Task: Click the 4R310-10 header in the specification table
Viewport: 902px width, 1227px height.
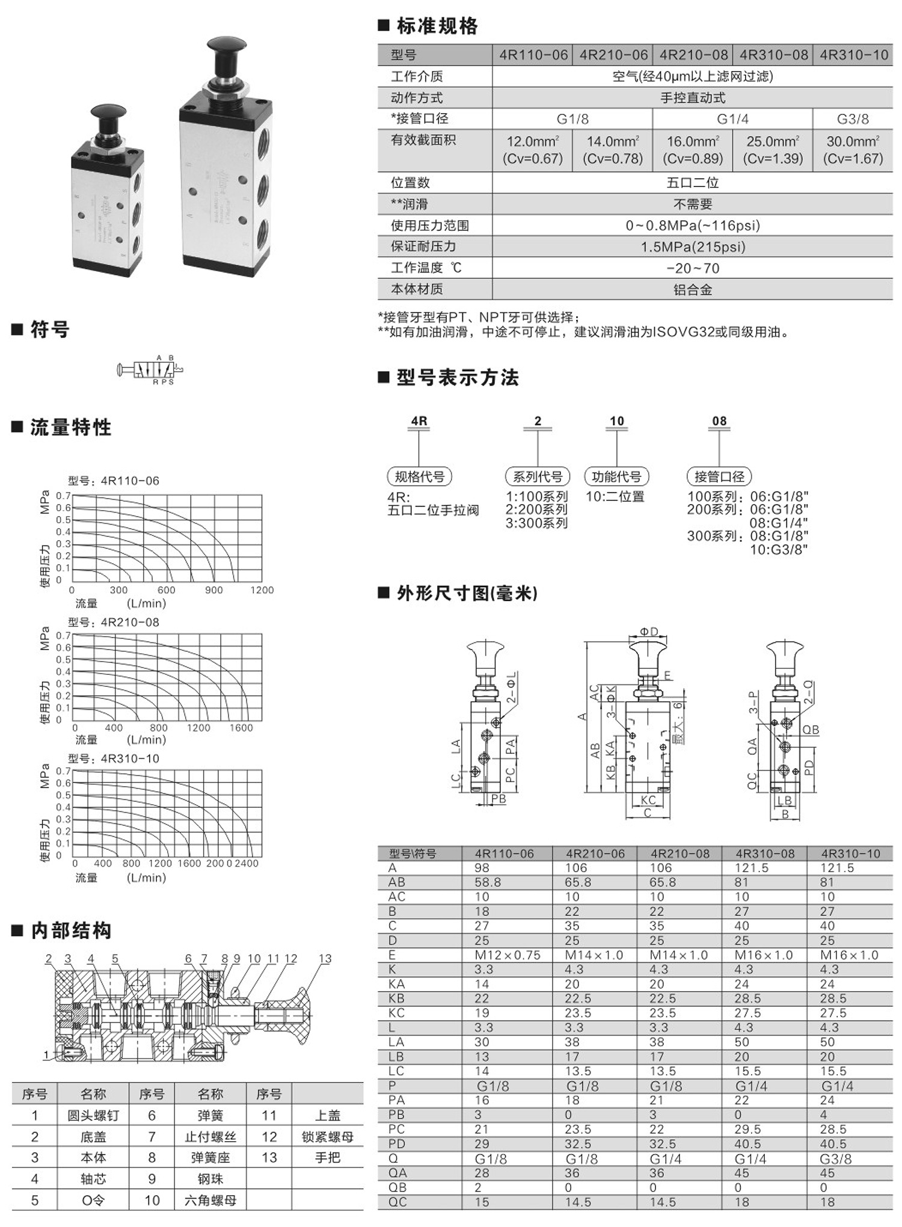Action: coord(853,55)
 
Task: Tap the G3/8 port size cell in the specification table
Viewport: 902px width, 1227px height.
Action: coord(853,118)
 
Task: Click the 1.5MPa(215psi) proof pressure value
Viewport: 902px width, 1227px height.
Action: coord(693,247)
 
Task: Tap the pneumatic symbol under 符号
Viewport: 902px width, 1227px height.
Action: coord(150,369)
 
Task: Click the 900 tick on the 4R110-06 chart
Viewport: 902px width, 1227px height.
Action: coord(213,590)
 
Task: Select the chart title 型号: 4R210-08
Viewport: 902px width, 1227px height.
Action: coord(114,622)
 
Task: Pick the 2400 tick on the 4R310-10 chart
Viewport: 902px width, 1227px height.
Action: coord(247,863)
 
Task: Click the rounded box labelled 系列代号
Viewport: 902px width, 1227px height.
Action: coord(537,476)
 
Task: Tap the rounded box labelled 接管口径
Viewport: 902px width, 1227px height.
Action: coord(719,476)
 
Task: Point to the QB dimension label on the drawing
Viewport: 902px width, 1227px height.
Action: coord(811,730)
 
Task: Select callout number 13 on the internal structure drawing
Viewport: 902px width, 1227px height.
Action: coord(325,959)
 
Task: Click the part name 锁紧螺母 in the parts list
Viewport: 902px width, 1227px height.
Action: coord(328,1137)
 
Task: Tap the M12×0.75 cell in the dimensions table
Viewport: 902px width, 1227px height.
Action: coord(507,955)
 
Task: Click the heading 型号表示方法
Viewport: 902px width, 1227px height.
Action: coord(457,378)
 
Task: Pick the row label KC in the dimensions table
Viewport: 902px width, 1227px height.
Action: coord(396,1013)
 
